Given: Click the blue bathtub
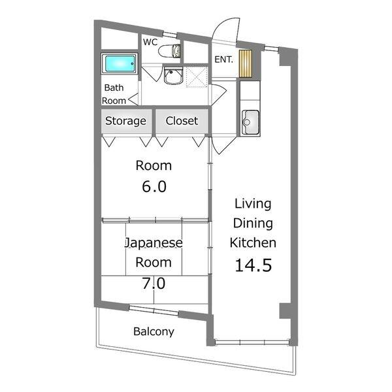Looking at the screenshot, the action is point(120,63).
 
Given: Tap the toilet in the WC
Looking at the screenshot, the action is point(169,51).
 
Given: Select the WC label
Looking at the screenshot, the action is point(150,42).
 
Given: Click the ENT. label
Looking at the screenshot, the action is point(223,59).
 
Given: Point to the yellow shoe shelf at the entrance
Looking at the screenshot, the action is point(245,64).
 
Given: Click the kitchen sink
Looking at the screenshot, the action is point(250,123).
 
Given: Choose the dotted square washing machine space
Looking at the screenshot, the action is point(197,76).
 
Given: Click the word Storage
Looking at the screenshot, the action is point(125,121).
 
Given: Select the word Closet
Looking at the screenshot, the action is point(182,121).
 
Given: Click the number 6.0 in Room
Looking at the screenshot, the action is point(154,186).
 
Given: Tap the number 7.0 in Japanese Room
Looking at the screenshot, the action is point(154,284).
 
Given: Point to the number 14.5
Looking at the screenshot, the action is point(253,265).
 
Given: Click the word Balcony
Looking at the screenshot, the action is point(154,332).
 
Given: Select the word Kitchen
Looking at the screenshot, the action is point(253,242).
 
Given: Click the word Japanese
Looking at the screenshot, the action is point(154,243).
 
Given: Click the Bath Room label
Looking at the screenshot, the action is point(114,94).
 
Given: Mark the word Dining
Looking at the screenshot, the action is point(253,223).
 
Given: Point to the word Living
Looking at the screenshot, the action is point(253,204).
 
